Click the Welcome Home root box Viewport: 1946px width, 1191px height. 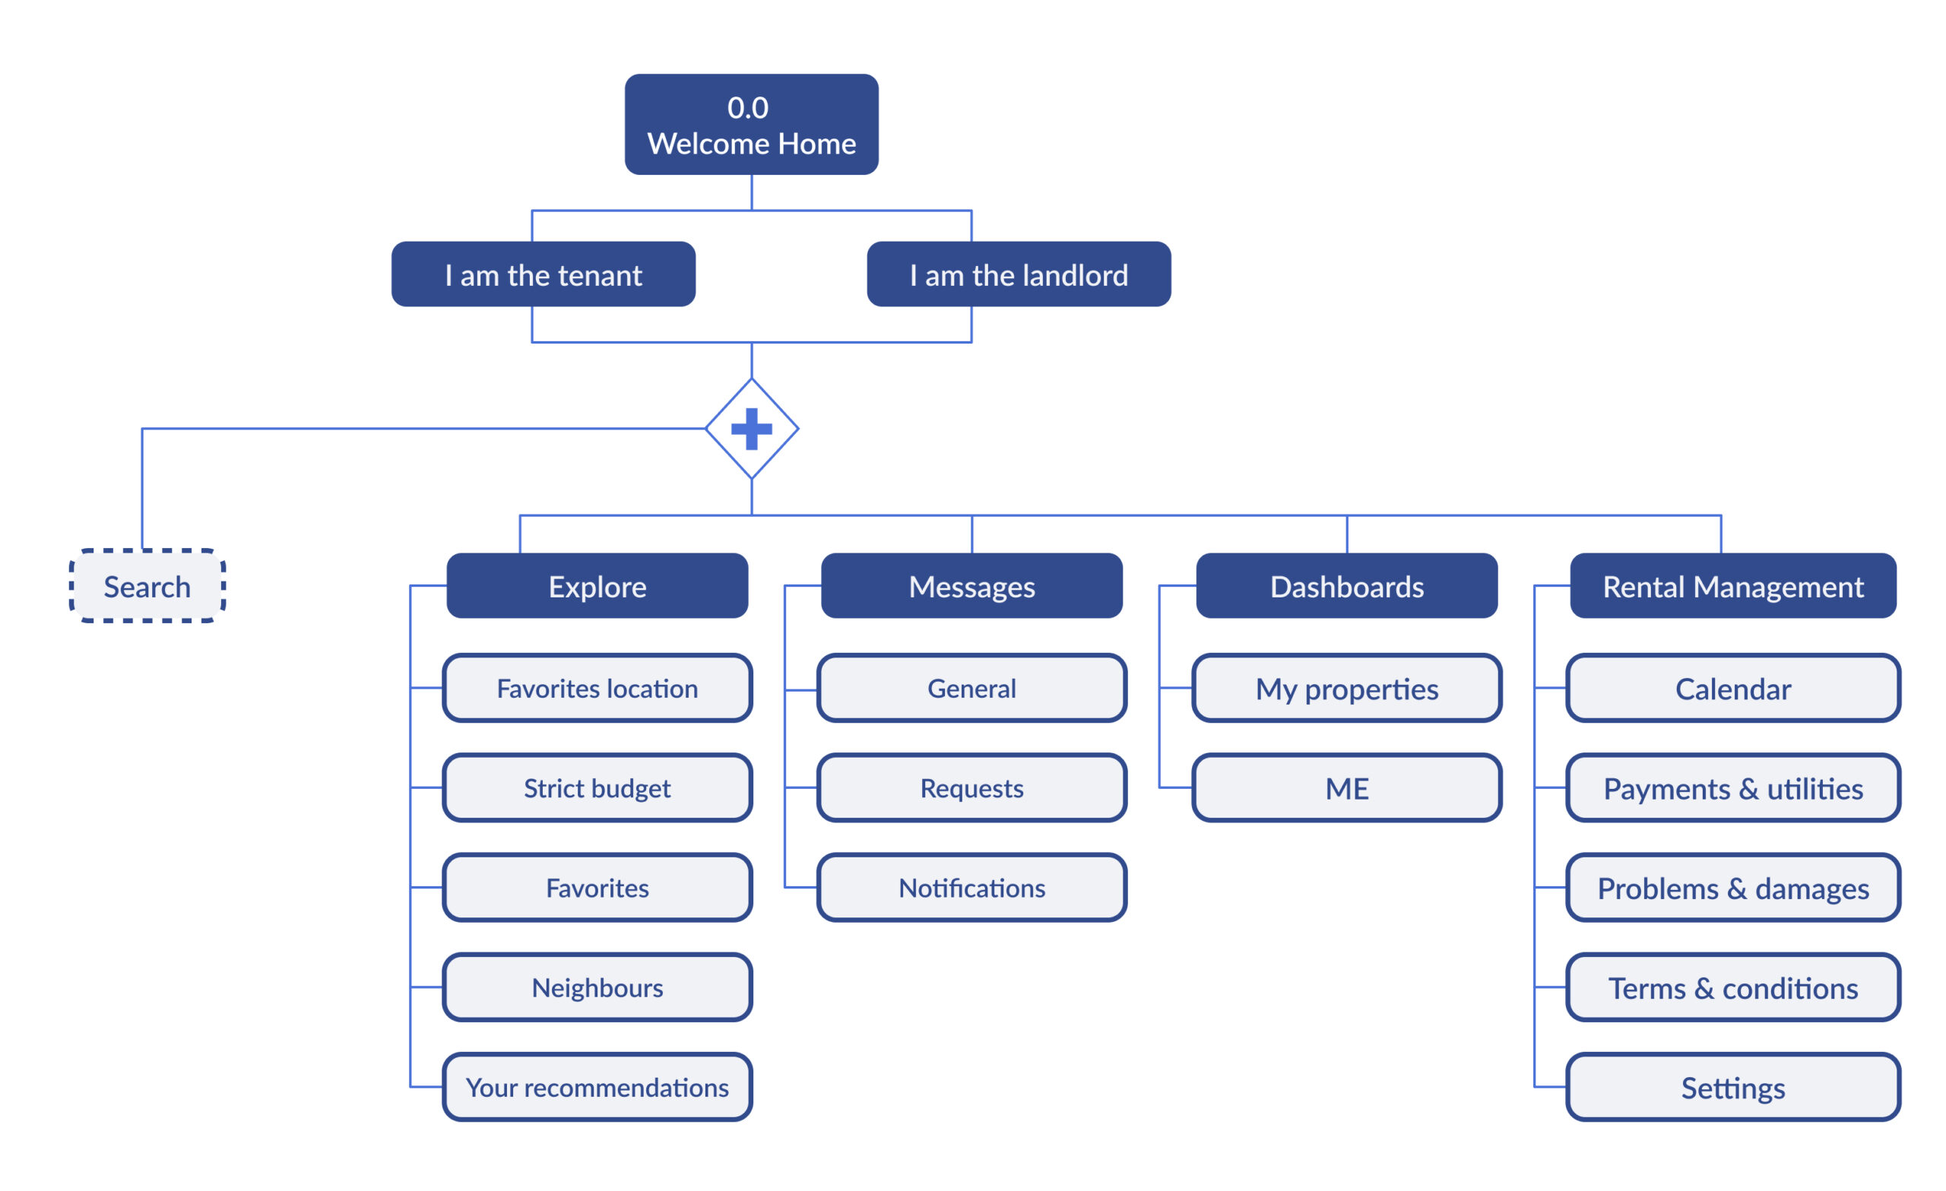[x=751, y=125]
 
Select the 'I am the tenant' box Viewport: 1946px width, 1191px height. [x=544, y=274]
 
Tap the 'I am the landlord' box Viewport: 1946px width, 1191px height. [x=1018, y=274]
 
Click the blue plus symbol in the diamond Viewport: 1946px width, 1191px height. [x=751, y=429]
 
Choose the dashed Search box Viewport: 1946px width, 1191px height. [x=147, y=586]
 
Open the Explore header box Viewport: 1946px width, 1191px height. [x=597, y=586]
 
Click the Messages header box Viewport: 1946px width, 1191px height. [x=971, y=586]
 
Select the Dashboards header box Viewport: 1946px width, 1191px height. [x=1346, y=586]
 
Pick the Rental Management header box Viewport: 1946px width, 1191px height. [x=1732, y=586]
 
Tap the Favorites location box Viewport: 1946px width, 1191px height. [x=597, y=688]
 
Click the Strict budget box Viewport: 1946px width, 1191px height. [x=597, y=787]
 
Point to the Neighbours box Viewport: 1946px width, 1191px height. [x=597, y=987]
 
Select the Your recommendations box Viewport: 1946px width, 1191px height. [x=597, y=1087]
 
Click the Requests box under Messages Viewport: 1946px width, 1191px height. [x=971, y=787]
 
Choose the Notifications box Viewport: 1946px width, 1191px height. [x=971, y=887]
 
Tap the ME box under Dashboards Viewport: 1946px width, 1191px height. [x=1346, y=787]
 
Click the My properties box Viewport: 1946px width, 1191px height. [x=1346, y=688]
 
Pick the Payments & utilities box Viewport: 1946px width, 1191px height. [x=1732, y=787]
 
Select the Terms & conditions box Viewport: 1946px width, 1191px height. [x=1732, y=987]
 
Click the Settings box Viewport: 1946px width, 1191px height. [x=1732, y=1087]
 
